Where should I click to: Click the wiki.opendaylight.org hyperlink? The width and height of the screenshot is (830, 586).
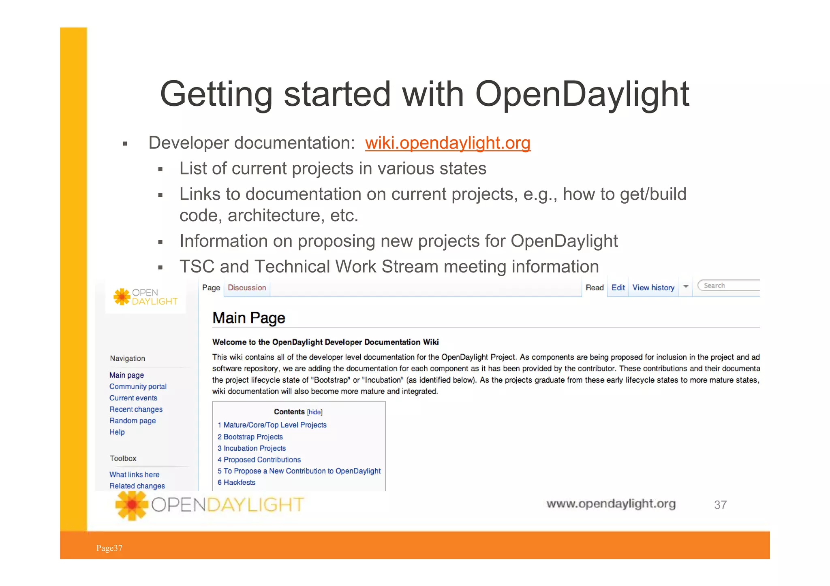pyautogui.click(x=447, y=143)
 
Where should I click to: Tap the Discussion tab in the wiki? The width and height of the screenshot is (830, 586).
pyautogui.click(x=247, y=288)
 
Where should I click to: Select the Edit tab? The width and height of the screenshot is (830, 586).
pyautogui.click(x=618, y=288)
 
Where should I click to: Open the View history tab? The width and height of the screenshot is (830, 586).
pyautogui.click(x=653, y=288)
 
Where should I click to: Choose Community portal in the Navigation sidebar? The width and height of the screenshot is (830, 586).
pyautogui.click(x=138, y=387)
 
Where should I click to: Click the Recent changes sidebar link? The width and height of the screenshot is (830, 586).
pyautogui.click(x=136, y=409)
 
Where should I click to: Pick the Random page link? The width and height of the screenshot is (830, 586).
pyautogui.click(x=133, y=421)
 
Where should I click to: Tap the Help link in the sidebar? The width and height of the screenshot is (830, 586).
pyautogui.click(x=117, y=432)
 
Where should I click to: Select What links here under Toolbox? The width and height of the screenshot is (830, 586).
pyautogui.click(x=134, y=475)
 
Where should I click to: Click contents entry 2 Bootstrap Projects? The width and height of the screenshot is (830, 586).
pyautogui.click(x=253, y=437)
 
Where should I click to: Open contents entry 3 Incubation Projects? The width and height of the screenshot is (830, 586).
pyautogui.click(x=255, y=448)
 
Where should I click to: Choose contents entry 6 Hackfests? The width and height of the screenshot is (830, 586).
pyautogui.click(x=239, y=482)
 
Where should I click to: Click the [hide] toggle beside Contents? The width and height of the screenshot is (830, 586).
pyautogui.click(x=314, y=412)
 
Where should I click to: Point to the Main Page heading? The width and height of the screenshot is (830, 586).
pyautogui.click(x=249, y=318)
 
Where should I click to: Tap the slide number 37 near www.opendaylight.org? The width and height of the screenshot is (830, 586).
pyautogui.click(x=720, y=505)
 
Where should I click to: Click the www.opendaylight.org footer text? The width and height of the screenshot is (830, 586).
pyautogui.click(x=611, y=504)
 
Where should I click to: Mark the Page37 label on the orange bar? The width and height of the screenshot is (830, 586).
pyautogui.click(x=109, y=548)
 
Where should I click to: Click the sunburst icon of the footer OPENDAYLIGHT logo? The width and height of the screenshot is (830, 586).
pyautogui.click(x=132, y=505)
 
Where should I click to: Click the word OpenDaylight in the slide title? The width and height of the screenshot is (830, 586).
pyautogui.click(x=582, y=94)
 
